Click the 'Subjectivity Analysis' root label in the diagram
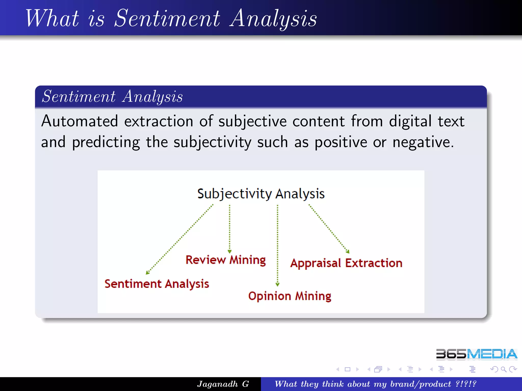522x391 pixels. (x=261, y=194)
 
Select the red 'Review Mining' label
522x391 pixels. (x=226, y=260)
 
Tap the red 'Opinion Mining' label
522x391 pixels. (x=290, y=296)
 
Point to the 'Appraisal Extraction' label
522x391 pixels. (x=346, y=263)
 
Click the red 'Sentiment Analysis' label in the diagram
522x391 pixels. (x=157, y=284)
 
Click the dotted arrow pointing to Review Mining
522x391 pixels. (x=230, y=229)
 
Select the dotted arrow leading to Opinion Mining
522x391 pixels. (x=278, y=244)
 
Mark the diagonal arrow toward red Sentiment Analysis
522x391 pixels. (x=180, y=239)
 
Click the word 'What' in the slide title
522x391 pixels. (x=52, y=18)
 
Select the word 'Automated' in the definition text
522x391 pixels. (x=80, y=121)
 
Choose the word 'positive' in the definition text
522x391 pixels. (x=341, y=142)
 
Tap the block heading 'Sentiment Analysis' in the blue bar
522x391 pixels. (x=112, y=97)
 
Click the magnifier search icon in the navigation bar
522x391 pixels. (x=503, y=369)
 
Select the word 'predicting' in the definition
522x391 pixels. (x=106, y=142)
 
